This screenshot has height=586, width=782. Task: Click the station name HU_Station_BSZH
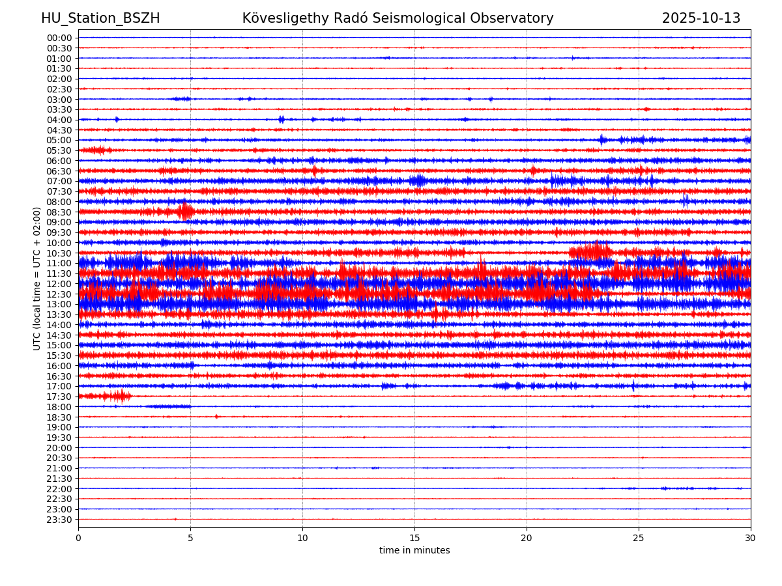coord(100,18)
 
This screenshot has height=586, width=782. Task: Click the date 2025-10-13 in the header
coord(701,18)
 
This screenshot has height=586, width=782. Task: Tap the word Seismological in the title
coord(441,18)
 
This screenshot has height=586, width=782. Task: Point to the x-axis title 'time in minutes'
coord(414,551)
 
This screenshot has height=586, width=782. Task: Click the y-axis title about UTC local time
coord(37,278)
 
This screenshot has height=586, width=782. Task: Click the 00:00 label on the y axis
coord(59,38)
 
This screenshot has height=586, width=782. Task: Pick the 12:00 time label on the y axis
coord(59,284)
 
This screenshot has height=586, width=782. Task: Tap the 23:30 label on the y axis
coord(59,520)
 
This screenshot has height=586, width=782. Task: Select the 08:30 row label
coord(59,212)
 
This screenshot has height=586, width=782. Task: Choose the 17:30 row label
coord(59,397)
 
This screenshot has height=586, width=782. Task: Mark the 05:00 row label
coord(59,140)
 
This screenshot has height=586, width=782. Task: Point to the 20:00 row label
coord(59,448)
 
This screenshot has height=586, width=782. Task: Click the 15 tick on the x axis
coord(414,538)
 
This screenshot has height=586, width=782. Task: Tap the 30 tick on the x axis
coord(751,538)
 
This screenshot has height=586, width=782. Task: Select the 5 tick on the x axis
coord(190,538)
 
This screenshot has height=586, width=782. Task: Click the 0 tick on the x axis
coord(78,538)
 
